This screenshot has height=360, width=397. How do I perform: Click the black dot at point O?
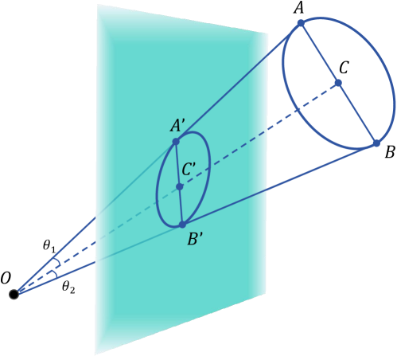tap(14, 295)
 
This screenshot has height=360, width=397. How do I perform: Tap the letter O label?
tap(6, 277)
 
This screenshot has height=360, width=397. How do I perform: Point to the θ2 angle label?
tap(68, 288)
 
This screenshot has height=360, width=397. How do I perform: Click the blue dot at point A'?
tap(177, 142)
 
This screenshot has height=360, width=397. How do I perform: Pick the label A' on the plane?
tap(177, 125)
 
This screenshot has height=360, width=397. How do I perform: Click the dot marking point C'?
tap(180, 187)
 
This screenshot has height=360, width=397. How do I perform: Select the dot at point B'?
tap(182, 225)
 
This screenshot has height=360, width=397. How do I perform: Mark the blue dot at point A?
tap(301, 23)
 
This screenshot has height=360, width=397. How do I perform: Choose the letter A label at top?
tap(299, 8)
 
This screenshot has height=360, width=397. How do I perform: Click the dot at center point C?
tap(339, 83)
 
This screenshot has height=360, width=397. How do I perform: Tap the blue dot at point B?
tap(377, 143)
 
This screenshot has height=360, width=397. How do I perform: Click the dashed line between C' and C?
tap(263, 133)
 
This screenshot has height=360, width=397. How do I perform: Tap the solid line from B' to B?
tap(278, 184)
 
